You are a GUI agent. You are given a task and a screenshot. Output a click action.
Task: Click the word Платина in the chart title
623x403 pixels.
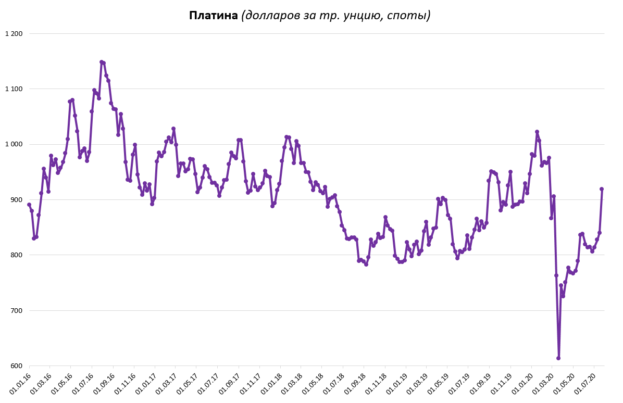(214, 16)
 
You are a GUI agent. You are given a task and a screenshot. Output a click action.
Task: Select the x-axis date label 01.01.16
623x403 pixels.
(20, 383)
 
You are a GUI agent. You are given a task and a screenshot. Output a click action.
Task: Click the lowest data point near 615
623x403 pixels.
(558, 358)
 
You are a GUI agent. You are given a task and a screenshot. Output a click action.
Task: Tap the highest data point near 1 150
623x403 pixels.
(102, 62)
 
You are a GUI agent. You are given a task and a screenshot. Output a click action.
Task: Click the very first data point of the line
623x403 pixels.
(29, 205)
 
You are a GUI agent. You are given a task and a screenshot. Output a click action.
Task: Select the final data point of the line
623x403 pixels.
(602, 189)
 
